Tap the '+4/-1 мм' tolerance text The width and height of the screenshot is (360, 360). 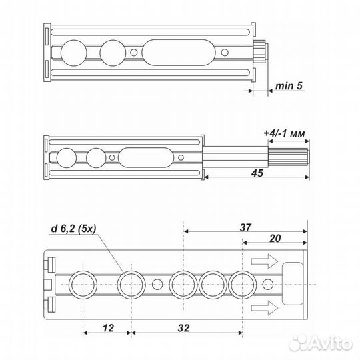pyautogui.click(x=284, y=134)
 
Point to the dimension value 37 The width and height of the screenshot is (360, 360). pyautogui.click(x=245, y=227)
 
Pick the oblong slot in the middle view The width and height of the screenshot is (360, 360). pyautogui.click(x=143, y=158)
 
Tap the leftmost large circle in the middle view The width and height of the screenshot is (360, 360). pyautogui.click(x=67, y=158)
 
